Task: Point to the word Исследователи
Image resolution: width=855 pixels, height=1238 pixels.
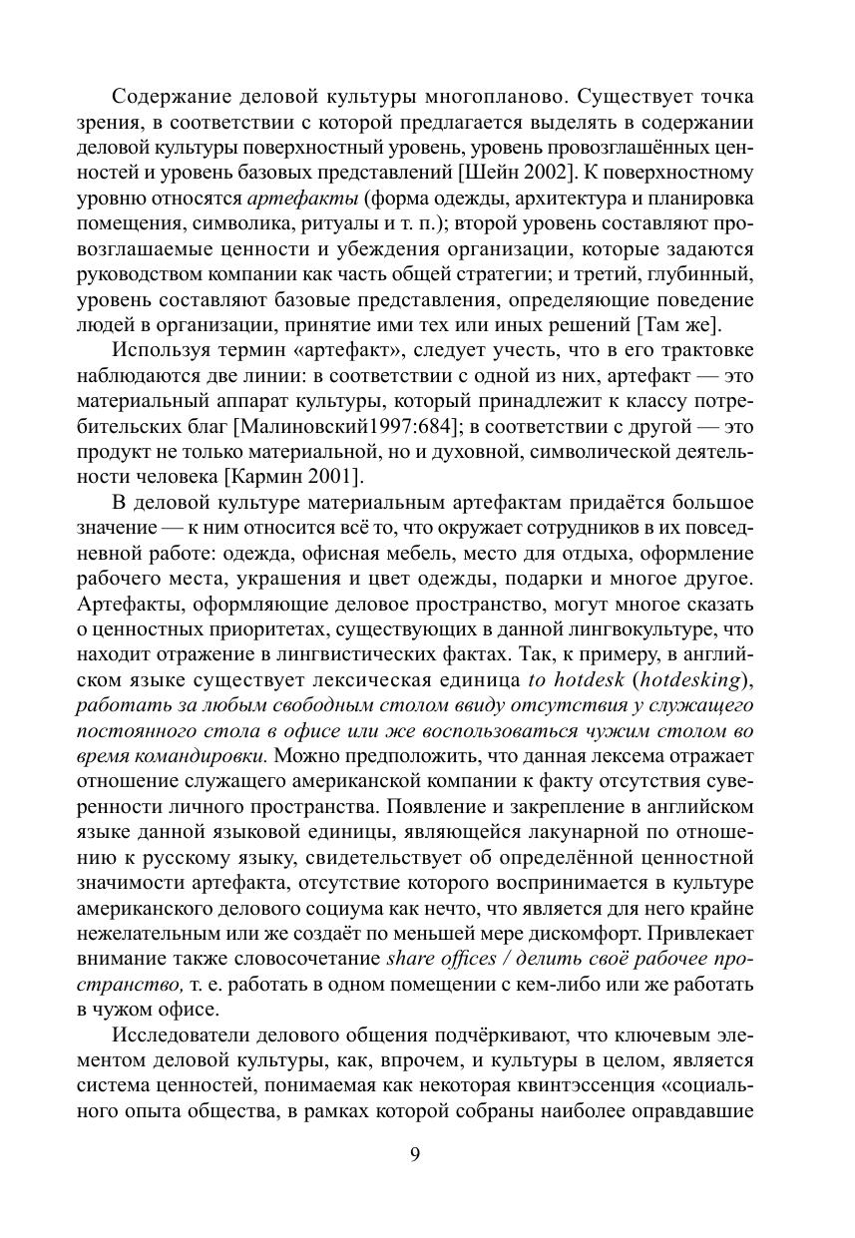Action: [180, 1036]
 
